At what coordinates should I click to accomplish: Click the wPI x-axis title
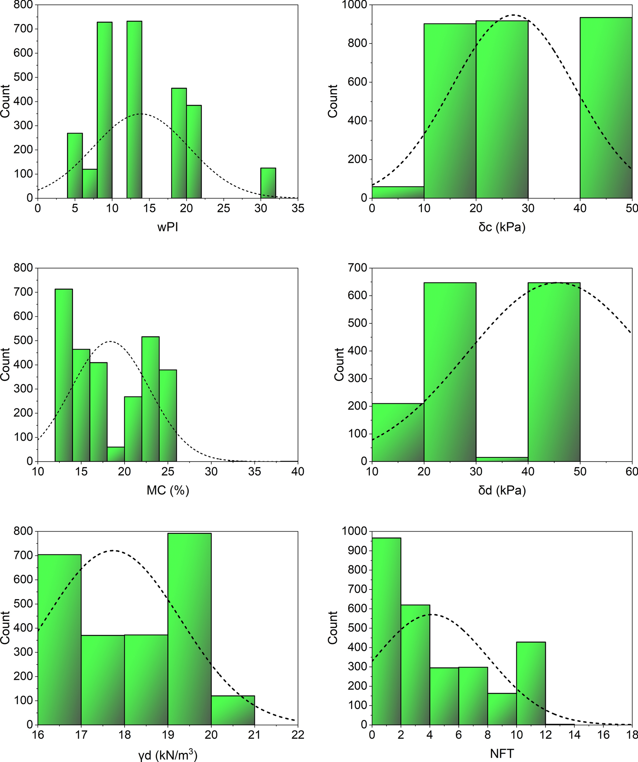(x=167, y=227)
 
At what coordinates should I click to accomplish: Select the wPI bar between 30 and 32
(x=268, y=183)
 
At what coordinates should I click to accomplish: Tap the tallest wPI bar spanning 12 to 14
(x=134, y=111)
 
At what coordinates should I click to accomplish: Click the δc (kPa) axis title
(x=502, y=227)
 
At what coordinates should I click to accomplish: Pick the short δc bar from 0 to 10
(x=398, y=192)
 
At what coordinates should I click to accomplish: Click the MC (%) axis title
(x=167, y=490)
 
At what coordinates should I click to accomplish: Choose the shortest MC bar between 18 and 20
(x=116, y=454)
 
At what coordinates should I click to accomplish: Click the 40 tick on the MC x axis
(x=298, y=472)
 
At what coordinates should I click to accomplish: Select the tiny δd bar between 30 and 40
(x=502, y=459)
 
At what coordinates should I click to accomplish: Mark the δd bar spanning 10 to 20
(x=398, y=432)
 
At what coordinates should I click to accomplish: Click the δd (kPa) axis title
(x=502, y=490)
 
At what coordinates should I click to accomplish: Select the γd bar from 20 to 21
(x=233, y=710)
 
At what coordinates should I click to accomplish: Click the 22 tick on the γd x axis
(x=298, y=735)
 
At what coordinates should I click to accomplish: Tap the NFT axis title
(x=502, y=753)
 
